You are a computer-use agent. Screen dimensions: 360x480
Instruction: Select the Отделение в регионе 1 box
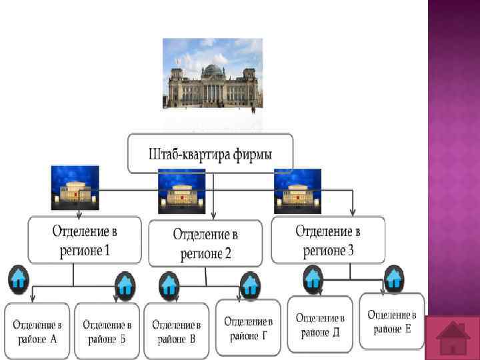pos(84,241)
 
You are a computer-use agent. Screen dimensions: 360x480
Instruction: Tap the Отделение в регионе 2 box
pos(205,243)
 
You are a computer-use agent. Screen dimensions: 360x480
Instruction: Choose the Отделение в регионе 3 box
pos(327,240)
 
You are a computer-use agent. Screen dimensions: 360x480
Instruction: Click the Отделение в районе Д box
pos(320,324)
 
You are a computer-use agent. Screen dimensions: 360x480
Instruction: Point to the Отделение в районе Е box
pos(391,321)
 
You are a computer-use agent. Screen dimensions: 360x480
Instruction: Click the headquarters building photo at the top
pos(213,73)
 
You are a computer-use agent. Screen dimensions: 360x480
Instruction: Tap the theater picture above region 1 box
pos(75,187)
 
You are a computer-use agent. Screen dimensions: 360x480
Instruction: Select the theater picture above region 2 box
pos(181,191)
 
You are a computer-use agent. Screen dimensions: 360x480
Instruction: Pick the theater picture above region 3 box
pos(297,191)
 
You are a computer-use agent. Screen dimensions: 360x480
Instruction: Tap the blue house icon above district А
pos(18,281)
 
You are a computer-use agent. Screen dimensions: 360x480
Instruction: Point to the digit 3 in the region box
pos(351,250)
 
